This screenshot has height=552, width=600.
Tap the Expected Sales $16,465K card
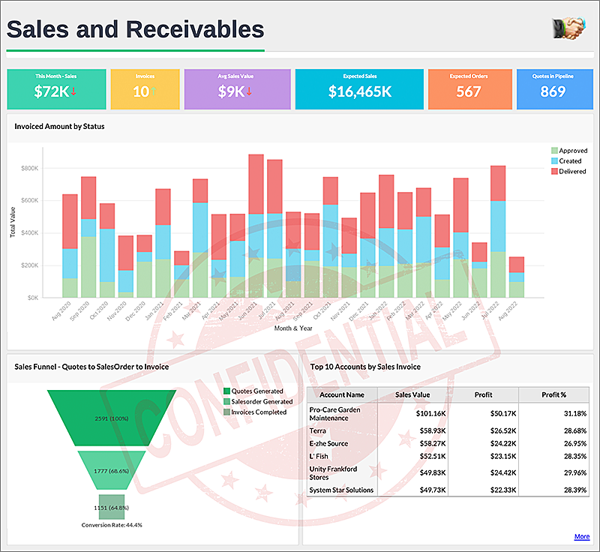[359, 88]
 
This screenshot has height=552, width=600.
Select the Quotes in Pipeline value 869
[553, 91]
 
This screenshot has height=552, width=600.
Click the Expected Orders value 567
[468, 91]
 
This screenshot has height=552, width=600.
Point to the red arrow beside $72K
[74, 91]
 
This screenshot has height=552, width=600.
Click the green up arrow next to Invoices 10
[154, 91]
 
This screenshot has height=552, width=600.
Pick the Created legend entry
[568, 161]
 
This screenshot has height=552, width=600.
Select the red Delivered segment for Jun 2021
[256, 184]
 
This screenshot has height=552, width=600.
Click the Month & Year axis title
[292, 328]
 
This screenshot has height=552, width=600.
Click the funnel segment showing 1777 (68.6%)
[112, 469]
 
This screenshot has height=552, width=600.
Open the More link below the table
[582, 537]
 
